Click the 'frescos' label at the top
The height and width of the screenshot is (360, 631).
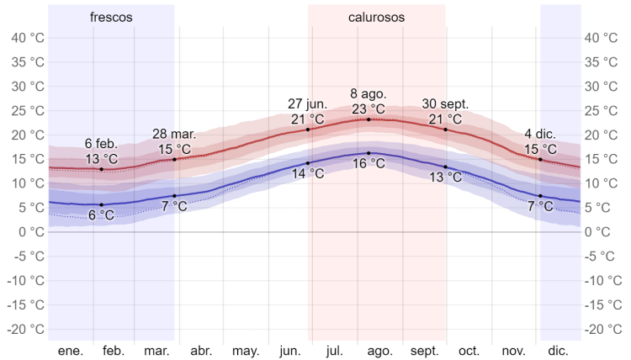point(111,17)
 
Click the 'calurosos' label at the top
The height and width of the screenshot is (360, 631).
point(376,17)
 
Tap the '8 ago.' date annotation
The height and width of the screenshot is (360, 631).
point(368,93)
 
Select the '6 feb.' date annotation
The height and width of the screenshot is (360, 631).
point(102,143)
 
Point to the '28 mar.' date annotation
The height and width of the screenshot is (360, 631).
point(174,134)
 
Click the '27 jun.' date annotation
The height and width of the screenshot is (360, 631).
point(307,103)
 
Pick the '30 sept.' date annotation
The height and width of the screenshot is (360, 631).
point(445,103)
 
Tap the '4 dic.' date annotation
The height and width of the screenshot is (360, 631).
point(540,134)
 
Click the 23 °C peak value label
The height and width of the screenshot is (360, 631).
point(368,109)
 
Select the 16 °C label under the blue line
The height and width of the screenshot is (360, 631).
point(368,164)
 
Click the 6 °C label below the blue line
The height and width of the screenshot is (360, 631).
point(102,215)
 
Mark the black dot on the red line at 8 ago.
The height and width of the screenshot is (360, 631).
point(369,119)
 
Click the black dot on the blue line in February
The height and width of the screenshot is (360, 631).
point(102,204)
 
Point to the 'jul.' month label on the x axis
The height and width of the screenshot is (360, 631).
point(334,351)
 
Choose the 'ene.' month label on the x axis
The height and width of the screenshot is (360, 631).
point(71,351)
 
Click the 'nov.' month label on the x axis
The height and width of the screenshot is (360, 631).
point(513,351)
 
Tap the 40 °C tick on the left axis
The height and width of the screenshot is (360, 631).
point(27,38)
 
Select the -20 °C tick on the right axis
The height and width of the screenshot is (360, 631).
point(603,329)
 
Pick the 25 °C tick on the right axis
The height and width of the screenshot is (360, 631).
point(603,110)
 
